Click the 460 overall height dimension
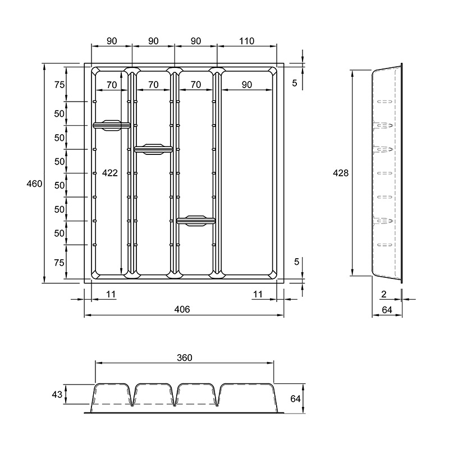pyautogui.click(x=34, y=184)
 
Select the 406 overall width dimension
pyautogui.click(x=182, y=309)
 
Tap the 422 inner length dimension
pyautogui.click(x=110, y=173)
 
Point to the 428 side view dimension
pyautogui.click(x=341, y=173)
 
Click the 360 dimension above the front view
pyautogui.click(x=185, y=358)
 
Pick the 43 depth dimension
pyautogui.click(x=57, y=395)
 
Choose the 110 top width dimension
pyautogui.click(x=246, y=41)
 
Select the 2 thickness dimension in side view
pyautogui.click(x=384, y=294)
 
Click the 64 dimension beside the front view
pyautogui.click(x=296, y=398)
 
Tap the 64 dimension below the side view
pyautogui.click(x=387, y=310)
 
